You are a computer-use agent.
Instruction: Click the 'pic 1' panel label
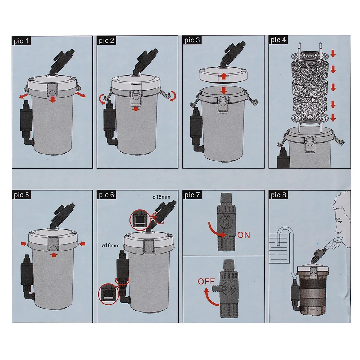click(x=21, y=41)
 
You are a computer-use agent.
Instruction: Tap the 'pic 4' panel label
click(x=278, y=40)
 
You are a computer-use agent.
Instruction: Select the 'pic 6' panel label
click(x=106, y=195)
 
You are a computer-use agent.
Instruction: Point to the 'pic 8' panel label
click(x=278, y=195)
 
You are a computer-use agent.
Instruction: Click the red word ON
click(x=243, y=235)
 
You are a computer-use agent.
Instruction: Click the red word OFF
click(x=206, y=282)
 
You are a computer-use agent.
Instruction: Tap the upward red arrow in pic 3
click(x=224, y=76)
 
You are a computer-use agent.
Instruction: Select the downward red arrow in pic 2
click(x=136, y=109)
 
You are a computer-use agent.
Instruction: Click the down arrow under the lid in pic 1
click(x=53, y=99)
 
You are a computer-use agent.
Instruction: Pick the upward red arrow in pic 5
click(x=54, y=254)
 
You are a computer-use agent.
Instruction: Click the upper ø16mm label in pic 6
click(x=161, y=197)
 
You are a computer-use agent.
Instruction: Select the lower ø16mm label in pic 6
click(x=111, y=246)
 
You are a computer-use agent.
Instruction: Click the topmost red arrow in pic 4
click(x=333, y=54)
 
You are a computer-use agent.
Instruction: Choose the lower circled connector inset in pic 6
click(x=109, y=294)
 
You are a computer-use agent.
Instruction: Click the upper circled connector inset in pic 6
click(x=140, y=220)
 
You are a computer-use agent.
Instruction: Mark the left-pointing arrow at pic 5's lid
click(x=82, y=243)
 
